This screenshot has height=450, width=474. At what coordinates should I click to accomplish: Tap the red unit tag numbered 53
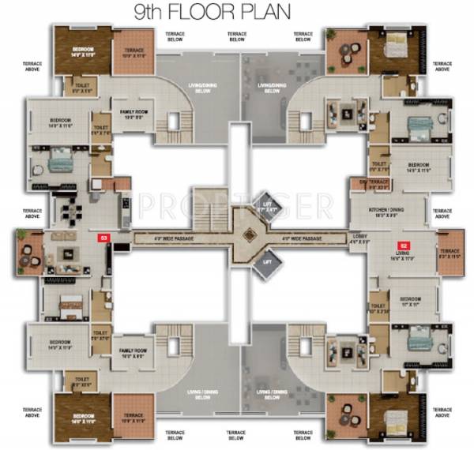[103, 237]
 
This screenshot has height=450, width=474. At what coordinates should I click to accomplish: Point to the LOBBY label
[360, 240]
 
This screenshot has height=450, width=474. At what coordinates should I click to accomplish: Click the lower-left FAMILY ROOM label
[133, 353]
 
